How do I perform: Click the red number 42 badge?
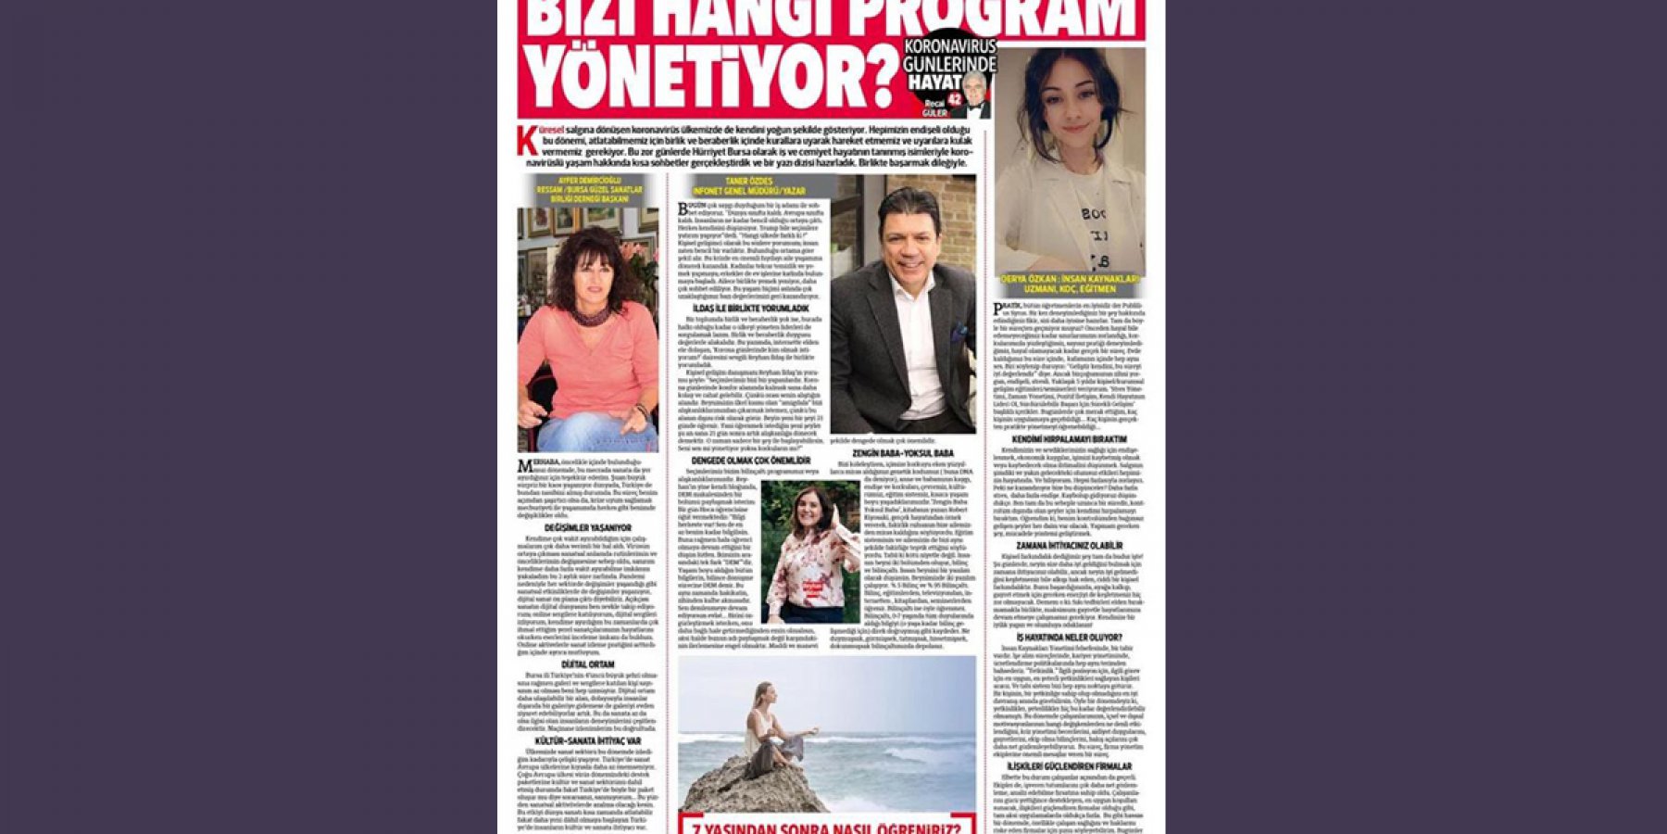[955, 95]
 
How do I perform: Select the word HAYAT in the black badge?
[934, 82]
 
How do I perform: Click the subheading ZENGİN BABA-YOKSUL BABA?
[901, 453]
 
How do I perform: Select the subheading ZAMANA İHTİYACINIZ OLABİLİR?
[1070, 546]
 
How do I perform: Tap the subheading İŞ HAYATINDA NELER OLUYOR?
[1070, 638]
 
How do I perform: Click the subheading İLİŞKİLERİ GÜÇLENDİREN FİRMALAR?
[1070, 766]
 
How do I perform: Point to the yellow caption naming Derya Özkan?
[1070, 284]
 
